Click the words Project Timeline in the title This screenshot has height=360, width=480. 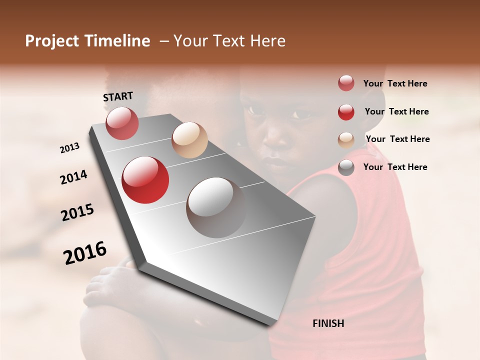click(x=87, y=41)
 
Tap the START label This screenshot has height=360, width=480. click(x=118, y=96)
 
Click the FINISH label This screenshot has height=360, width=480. click(x=328, y=323)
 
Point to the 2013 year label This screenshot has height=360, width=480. click(x=70, y=148)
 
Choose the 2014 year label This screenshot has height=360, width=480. click(x=74, y=177)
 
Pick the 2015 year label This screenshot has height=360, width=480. click(x=77, y=212)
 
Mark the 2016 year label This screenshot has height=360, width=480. click(x=85, y=253)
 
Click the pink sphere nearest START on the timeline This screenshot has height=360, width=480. click(x=122, y=123)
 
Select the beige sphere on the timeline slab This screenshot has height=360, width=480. click(x=189, y=140)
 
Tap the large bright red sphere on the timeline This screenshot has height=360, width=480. click(x=145, y=180)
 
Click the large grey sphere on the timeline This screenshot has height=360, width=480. click(x=215, y=207)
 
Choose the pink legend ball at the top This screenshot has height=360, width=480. click(x=346, y=83)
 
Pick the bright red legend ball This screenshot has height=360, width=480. click(x=346, y=112)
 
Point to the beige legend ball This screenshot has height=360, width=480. click(x=346, y=140)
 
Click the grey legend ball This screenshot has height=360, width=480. click(x=346, y=167)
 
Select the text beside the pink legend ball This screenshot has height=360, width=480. click(x=395, y=83)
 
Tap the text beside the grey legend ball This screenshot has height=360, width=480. click(x=395, y=167)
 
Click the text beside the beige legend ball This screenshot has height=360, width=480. click(x=397, y=139)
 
